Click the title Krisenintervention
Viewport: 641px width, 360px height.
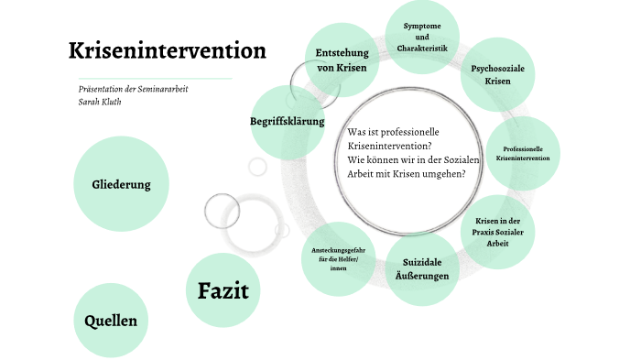coord(168,50)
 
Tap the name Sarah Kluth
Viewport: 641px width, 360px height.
coord(102,102)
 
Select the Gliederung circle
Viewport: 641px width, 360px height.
coord(121,184)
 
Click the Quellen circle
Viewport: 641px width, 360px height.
coord(111,321)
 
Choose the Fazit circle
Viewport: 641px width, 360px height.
coord(223,291)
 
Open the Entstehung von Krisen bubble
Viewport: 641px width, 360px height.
coord(341,60)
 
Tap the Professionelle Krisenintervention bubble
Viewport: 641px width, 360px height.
coord(523,153)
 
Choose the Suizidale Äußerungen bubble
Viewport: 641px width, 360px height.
coord(422,270)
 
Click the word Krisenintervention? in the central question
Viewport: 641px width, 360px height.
coord(390,146)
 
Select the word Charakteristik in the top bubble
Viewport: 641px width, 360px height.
coord(422,48)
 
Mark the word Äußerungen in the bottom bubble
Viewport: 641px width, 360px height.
coord(422,277)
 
